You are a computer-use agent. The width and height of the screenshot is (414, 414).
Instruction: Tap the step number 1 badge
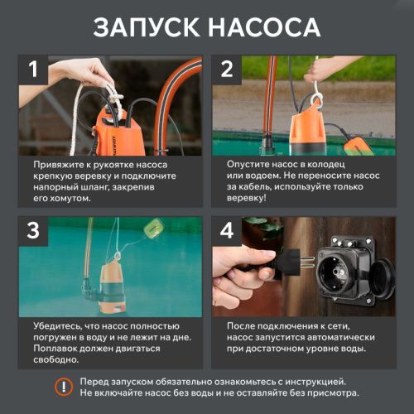(x=33, y=70)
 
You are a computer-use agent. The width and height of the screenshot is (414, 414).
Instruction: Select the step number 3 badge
(x=33, y=232)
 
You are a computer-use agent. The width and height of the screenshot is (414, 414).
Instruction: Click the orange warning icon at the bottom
(x=63, y=386)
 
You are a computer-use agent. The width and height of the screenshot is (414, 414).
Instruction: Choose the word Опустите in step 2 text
(x=251, y=165)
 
